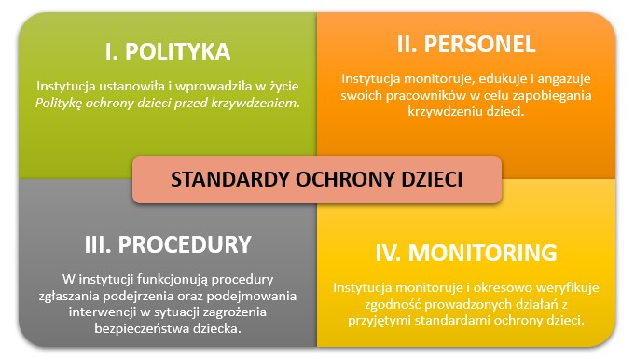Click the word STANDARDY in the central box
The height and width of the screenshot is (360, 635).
[224, 180]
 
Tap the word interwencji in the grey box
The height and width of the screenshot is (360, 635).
[102, 311]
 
